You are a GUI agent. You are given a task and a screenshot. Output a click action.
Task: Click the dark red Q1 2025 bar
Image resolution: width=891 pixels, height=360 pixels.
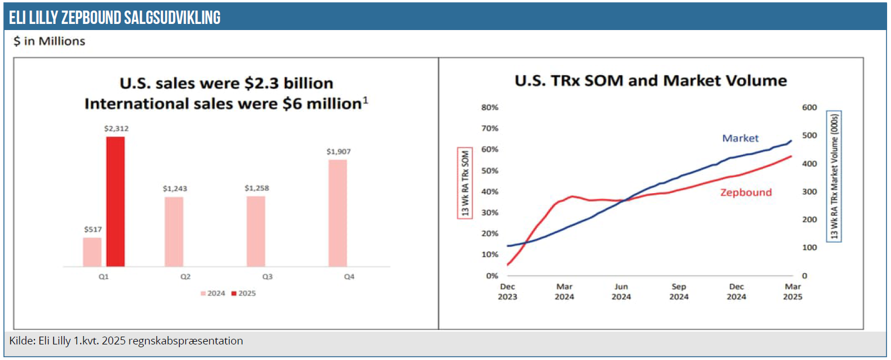click(x=115, y=201)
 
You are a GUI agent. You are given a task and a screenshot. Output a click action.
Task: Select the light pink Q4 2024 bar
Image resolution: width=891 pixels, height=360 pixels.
click(x=338, y=213)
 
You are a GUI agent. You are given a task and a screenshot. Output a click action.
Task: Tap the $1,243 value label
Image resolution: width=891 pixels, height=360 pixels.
click(x=175, y=189)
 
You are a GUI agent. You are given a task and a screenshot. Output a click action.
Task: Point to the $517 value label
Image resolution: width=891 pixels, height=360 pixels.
click(x=93, y=230)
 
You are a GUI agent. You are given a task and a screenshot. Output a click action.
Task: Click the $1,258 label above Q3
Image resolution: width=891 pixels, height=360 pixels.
click(x=256, y=188)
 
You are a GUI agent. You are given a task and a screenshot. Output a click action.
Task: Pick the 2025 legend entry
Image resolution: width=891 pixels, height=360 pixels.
click(x=244, y=293)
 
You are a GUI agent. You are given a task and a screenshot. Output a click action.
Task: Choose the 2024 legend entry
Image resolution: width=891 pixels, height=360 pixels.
click(x=213, y=293)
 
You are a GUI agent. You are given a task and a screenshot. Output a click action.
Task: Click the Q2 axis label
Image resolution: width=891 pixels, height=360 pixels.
click(x=185, y=277)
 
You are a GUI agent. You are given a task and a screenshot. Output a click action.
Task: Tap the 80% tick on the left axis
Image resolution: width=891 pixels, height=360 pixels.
click(x=489, y=107)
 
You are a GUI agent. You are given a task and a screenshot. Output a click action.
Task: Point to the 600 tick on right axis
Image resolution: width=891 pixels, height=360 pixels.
click(x=809, y=107)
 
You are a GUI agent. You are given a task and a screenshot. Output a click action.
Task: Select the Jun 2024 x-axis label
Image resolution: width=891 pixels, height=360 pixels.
click(x=621, y=292)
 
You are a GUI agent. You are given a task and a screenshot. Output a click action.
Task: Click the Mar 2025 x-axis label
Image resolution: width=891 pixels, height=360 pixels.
click(x=793, y=292)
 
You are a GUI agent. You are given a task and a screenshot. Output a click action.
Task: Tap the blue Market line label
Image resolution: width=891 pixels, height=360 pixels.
click(x=740, y=138)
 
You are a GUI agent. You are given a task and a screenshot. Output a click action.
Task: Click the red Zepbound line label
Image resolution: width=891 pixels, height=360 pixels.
click(x=746, y=193)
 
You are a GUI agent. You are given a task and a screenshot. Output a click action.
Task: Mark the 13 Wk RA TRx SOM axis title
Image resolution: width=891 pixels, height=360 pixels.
click(x=464, y=184)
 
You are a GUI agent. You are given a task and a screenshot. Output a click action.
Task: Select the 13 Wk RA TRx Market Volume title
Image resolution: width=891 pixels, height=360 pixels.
click(x=834, y=176)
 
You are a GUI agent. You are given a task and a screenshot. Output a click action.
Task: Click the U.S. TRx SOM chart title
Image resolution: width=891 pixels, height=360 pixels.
click(x=651, y=81)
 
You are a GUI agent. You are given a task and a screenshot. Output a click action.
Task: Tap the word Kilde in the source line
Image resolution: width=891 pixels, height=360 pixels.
click(x=22, y=341)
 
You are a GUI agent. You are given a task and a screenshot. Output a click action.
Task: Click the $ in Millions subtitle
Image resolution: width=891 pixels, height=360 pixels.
click(x=49, y=41)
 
